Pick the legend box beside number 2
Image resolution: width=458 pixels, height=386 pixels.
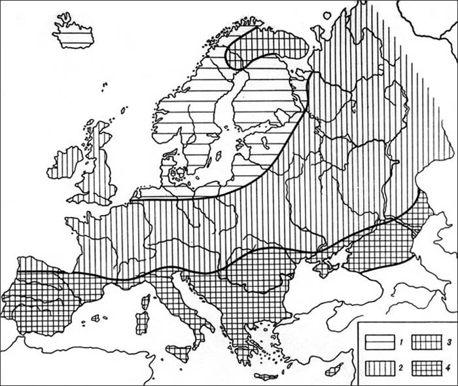click(x=380, y=367)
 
